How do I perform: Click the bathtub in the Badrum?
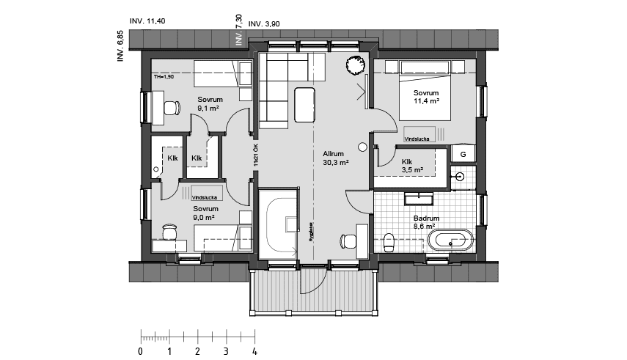click(450, 239)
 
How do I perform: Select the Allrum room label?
click(333, 155)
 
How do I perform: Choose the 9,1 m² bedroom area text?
click(208, 109)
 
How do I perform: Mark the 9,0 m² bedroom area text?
click(204, 218)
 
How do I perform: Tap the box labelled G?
click(462, 153)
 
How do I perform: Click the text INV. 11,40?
click(147, 21)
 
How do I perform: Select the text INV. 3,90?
click(264, 24)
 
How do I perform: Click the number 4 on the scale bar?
click(254, 352)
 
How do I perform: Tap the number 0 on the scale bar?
click(141, 352)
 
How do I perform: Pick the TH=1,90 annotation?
click(164, 76)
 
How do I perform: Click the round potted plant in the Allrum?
click(354, 64)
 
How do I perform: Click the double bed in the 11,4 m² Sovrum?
click(425, 92)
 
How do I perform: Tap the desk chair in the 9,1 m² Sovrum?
click(171, 109)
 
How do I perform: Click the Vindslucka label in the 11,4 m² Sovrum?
click(417, 138)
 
